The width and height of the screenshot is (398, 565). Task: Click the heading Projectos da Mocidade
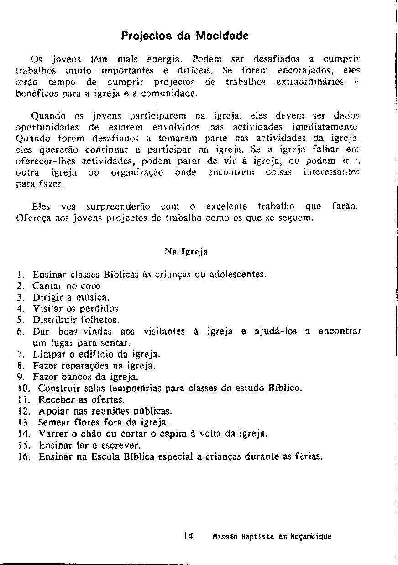[x=185, y=36]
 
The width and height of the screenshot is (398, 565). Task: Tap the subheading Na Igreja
[x=186, y=251]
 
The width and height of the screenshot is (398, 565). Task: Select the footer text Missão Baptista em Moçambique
[x=272, y=537]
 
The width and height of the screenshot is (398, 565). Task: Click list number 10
[x=24, y=389]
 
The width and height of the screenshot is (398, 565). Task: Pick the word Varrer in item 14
[x=52, y=434]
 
